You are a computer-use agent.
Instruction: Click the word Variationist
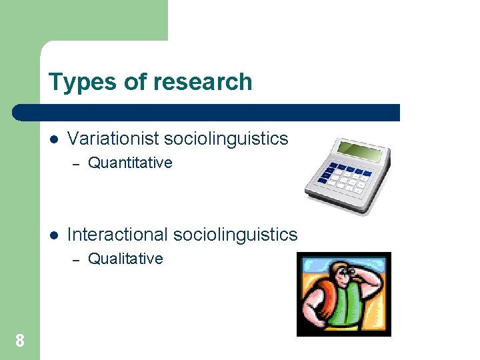coord(113,139)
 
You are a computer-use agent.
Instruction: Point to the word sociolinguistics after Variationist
coord(226,139)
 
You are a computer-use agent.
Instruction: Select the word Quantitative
coord(130,163)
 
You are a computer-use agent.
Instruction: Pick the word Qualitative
coord(125,259)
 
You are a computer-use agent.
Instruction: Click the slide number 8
coord(20,341)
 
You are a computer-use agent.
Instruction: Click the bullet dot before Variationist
coord(54,139)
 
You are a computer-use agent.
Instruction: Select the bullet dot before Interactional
coord(54,235)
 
